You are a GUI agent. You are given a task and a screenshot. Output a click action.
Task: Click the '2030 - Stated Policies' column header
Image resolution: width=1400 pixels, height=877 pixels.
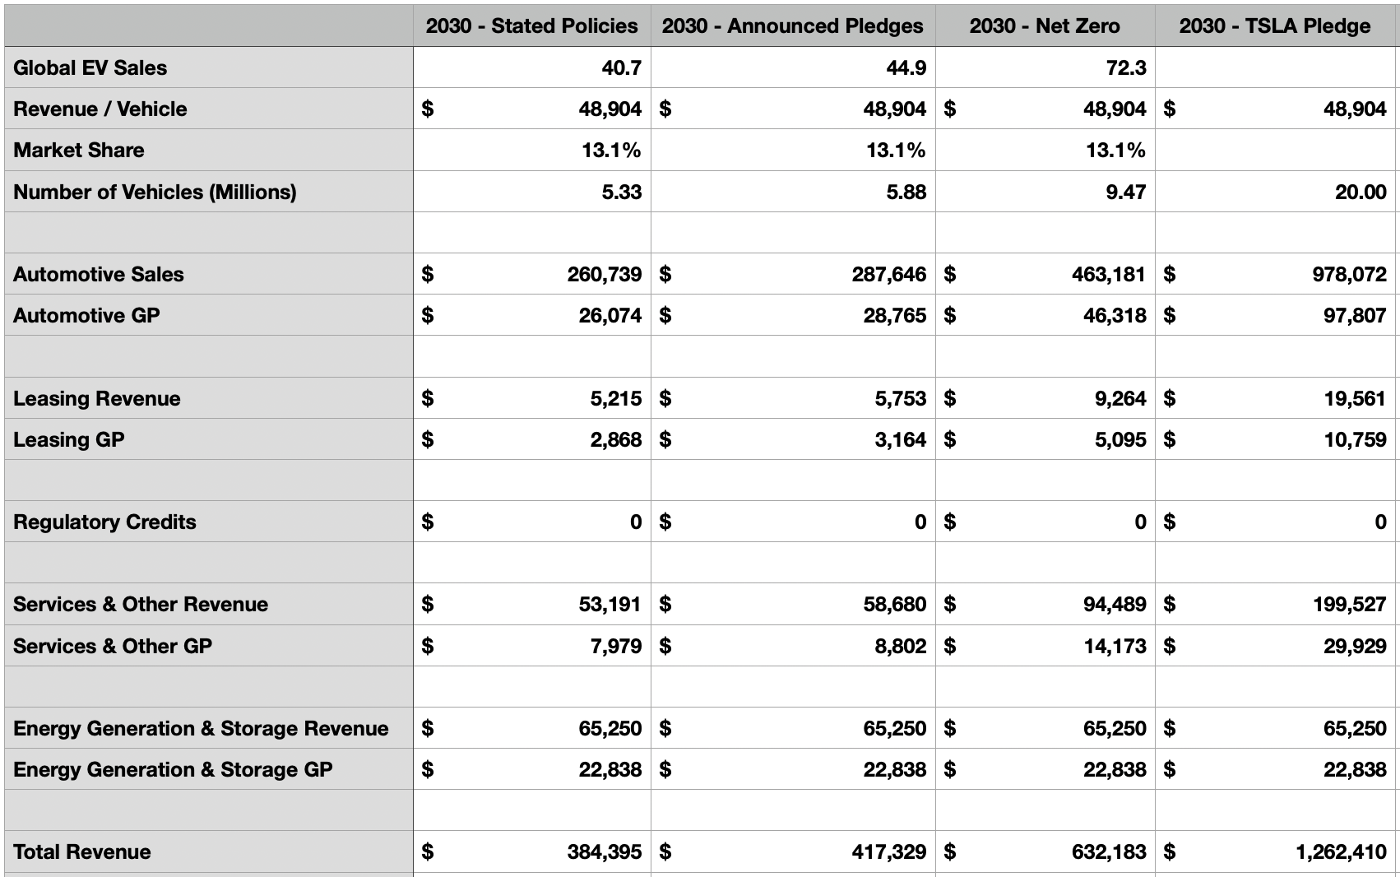pos(532,26)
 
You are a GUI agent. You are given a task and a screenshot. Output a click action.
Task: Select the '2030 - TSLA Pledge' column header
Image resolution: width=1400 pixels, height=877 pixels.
pos(1274,26)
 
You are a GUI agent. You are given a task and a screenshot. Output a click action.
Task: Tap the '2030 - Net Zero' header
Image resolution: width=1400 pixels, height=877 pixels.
pos(1045,26)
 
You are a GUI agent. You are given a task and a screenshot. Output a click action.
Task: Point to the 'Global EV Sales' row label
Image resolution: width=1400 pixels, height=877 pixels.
pos(90,67)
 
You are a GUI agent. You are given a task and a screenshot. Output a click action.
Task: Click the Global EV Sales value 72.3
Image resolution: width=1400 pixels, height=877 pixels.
pos(1126,67)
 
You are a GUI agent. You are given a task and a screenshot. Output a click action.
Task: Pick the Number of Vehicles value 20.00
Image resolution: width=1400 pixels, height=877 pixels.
pos(1361,192)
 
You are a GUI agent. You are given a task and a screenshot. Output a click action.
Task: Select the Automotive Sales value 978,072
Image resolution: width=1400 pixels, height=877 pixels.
pos(1349,275)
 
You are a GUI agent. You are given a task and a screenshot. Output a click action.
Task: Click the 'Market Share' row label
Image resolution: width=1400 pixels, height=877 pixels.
pos(79,150)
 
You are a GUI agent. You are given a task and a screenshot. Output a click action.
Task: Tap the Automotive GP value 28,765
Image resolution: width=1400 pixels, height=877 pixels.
pos(895,316)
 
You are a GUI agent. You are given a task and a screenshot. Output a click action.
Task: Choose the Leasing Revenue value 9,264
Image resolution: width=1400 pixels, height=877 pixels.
pos(1120,399)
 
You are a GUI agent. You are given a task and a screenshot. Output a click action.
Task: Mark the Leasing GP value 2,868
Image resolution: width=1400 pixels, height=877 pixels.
pos(615,440)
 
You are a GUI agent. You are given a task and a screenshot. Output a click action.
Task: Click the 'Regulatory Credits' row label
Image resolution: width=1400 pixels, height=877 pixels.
pos(104,522)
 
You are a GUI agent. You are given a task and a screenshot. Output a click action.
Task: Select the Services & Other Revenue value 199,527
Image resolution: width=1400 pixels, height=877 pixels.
pos(1349,605)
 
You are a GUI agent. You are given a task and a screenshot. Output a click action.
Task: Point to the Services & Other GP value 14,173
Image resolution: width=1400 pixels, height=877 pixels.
pos(1115,647)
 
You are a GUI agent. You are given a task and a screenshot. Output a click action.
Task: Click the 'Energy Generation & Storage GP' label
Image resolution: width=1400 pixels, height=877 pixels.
pos(173,769)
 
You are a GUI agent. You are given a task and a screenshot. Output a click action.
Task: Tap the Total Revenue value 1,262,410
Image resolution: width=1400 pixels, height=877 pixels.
pos(1342,852)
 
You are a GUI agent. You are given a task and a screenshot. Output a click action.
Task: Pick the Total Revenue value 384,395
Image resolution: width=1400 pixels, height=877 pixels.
pos(605,852)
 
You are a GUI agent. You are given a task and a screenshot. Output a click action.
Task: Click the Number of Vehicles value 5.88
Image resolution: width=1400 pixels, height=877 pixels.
pos(906,192)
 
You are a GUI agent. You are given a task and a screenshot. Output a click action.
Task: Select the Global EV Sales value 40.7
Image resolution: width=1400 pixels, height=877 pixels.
pos(621,67)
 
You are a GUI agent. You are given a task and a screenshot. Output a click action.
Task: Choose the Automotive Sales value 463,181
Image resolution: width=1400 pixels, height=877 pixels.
pos(1109,275)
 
